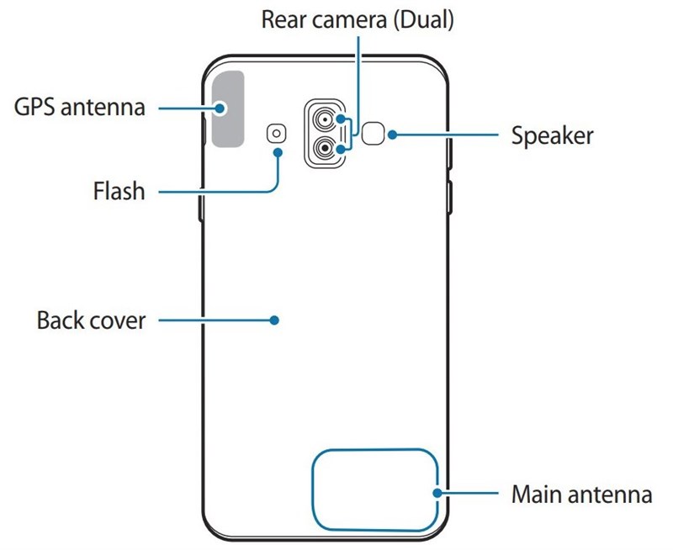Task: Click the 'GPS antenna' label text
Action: coord(80,108)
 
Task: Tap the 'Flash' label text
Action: coord(118,191)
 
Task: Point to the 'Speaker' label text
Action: coord(553,135)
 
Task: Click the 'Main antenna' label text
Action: coord(581,494)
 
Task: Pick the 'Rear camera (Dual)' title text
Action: coord(358,20)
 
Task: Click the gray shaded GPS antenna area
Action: coord(228,108)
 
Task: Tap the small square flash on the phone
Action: coord(276,132)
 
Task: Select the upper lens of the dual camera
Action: coord(324,119)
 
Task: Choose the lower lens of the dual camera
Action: coord(324,148)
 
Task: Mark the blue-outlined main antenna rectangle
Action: coord(374,488)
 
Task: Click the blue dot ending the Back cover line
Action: coord(274,320)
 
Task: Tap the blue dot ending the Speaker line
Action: coord(391,134)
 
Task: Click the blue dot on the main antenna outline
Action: coord(437,494)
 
